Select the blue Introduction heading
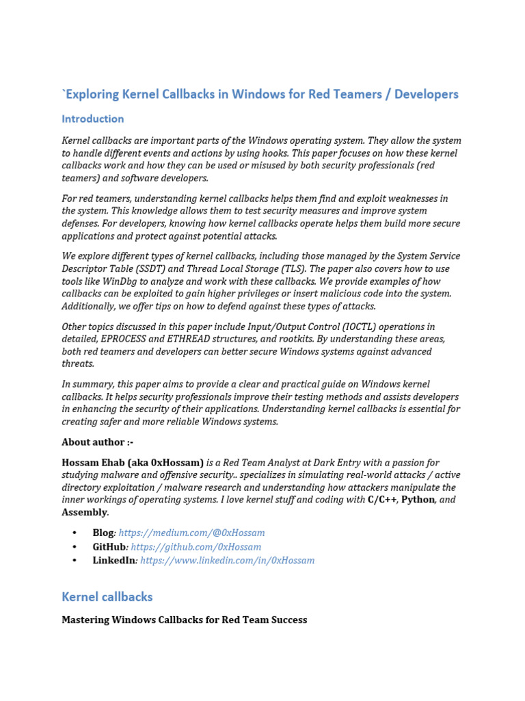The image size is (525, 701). tap(93, 119)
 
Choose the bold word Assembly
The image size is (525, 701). tap(84, 512)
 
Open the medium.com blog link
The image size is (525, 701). tap(191, 533)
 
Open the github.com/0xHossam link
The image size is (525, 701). tap(196, 547)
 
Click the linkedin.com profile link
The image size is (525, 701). tap(227, 561)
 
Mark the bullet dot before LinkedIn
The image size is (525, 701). tap(75, 561)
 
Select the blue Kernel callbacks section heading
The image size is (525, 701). tap(107, 597)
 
